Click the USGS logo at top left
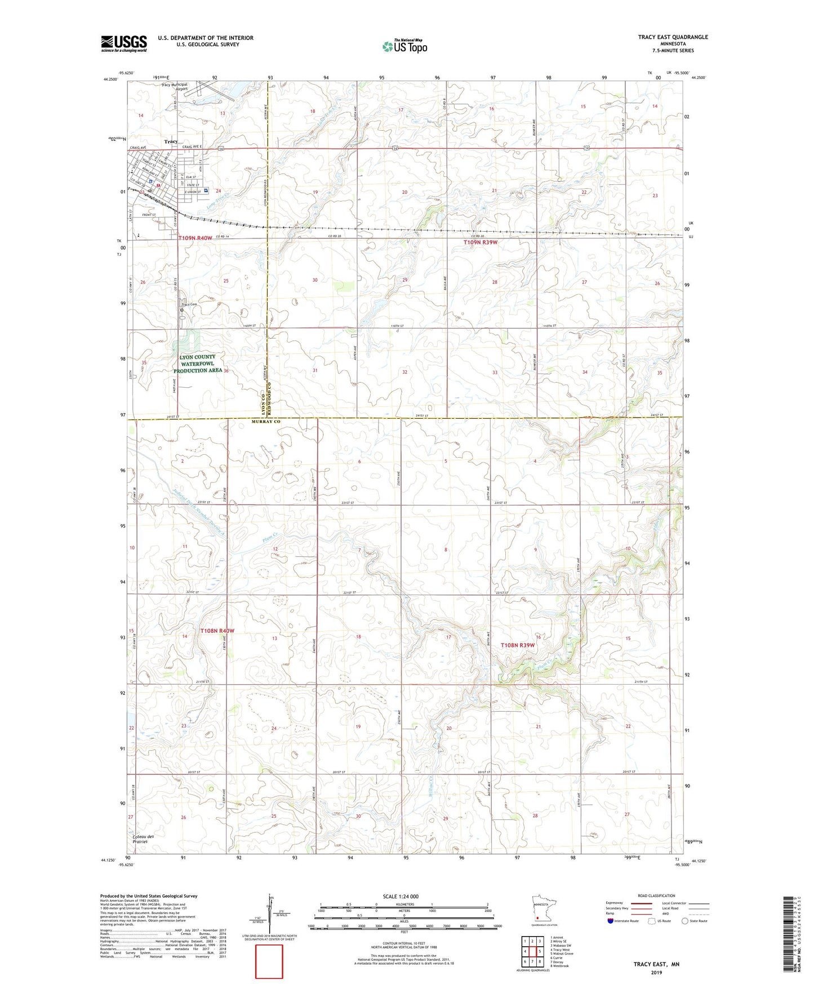123,43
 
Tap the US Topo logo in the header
404,46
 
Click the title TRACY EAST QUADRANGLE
673,37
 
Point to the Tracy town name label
171,141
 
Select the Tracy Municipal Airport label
174,87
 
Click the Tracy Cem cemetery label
189,305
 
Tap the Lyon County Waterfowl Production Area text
197,364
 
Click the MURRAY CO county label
266,422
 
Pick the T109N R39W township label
481,242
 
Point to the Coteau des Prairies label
143,839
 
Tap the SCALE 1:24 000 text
401,897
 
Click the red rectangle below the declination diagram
269,961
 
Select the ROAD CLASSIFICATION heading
656,896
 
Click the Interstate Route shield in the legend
611,921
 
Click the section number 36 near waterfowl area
226,371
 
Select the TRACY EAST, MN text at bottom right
656,964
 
